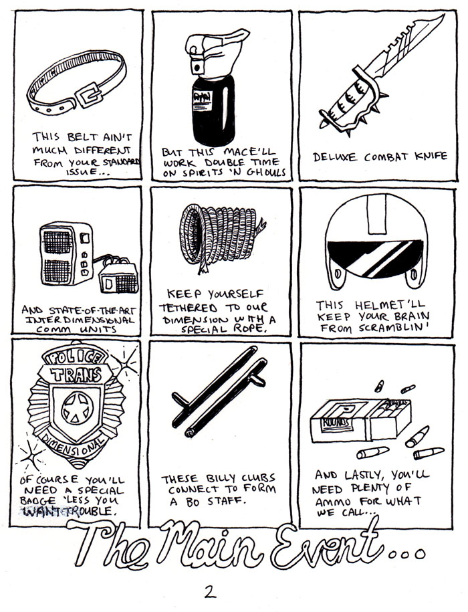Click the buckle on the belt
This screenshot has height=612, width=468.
pos(90,94)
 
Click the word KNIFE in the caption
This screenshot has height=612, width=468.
pos(431,156)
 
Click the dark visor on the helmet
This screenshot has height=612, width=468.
pos(375,258)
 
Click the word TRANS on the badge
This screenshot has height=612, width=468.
pos(76,375)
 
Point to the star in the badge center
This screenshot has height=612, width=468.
pos(78,408)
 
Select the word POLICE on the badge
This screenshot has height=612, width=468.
pos(75,356)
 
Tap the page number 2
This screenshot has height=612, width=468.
pos(210,591)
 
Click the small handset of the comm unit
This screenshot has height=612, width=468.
pos(118,278)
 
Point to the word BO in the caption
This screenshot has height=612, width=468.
pos(193,502)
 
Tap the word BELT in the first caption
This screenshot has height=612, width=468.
pos(83,136)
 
